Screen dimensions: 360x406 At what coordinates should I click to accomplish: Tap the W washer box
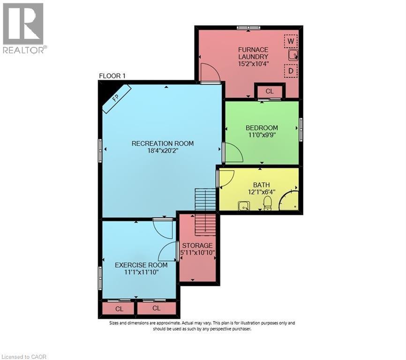pos(291,41)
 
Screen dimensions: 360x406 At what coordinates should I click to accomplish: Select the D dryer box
pos(291,71)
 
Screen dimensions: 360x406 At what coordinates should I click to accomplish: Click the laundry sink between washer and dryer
pos(293,56)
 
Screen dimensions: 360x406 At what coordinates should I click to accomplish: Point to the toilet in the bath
pos(267,202)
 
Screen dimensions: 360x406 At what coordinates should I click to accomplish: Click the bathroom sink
pos(243,205)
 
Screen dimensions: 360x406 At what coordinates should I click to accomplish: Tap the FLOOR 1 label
pos(112,76)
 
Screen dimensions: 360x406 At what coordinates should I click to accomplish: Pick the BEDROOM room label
pos(262,127)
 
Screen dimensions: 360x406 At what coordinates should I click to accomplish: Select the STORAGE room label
pos(197,245)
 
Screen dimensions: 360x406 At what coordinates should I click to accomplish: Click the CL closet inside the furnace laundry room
pos(269,91)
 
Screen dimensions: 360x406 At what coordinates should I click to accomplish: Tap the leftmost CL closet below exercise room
pos(119,308)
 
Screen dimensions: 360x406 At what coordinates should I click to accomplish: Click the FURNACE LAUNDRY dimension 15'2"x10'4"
pos(253,64)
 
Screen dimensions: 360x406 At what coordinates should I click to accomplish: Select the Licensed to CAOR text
pos(25,357)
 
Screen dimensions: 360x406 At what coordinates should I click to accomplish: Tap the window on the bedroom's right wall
pos(301,129)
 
